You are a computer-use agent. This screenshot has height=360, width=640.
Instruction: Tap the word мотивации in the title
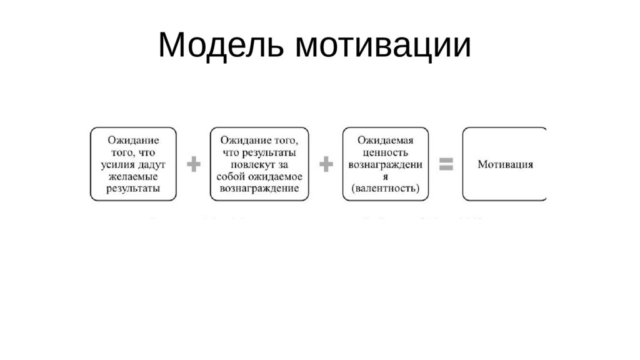(383, 45)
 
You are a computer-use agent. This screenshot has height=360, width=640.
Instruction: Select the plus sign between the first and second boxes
(194, 164)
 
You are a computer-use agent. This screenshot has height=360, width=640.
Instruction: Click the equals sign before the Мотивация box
(446, 164)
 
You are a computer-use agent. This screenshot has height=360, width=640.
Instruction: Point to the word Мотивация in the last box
(505, 164)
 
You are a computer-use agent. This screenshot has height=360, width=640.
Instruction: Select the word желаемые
(133, 176)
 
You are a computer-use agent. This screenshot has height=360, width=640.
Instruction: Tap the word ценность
(386, 152)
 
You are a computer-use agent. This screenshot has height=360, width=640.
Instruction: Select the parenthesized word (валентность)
(386, 188)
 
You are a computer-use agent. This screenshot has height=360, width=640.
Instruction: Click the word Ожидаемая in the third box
(386, 141)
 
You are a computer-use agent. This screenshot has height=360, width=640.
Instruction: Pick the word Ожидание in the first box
(133, 141)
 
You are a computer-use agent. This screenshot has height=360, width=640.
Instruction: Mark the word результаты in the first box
(133, 188)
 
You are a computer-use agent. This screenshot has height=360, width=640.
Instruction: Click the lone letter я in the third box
(386, 176)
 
